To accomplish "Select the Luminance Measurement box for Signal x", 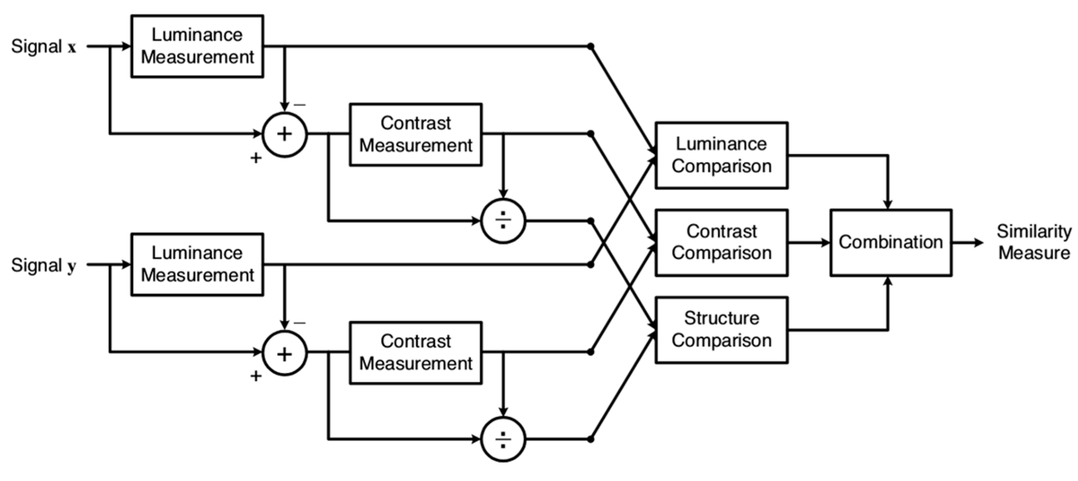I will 197,46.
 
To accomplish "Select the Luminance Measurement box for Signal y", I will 197,264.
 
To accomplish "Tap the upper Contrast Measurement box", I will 415,134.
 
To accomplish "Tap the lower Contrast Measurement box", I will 415,353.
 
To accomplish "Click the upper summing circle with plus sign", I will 285,134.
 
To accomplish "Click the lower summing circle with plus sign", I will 285,354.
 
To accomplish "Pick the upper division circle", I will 503,221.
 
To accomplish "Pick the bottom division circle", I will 503,439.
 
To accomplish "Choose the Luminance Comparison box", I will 721,155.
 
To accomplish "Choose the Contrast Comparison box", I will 721,242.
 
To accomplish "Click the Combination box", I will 890,242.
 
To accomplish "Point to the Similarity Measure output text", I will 1034,242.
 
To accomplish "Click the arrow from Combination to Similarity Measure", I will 968,242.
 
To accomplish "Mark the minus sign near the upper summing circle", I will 300,105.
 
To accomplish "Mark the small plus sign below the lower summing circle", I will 256,376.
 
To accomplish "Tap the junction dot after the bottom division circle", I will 590,439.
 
